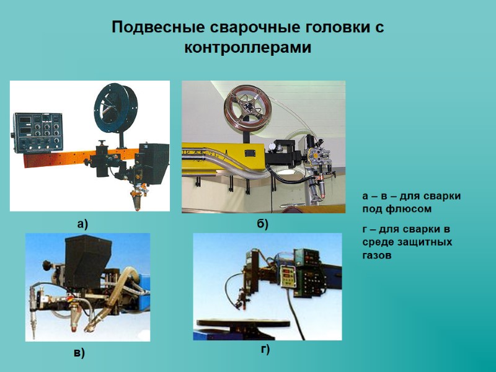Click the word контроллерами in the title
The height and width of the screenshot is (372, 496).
click(248, 47)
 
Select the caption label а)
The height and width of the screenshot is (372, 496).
click(83, 224)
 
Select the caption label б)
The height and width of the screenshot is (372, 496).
click(262, 224)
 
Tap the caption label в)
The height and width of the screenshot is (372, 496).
click(79, 353)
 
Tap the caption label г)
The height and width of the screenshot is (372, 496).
click(265, 350)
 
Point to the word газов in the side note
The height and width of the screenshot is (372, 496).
click(377, 255)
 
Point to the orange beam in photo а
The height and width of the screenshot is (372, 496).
click(56, 159)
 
